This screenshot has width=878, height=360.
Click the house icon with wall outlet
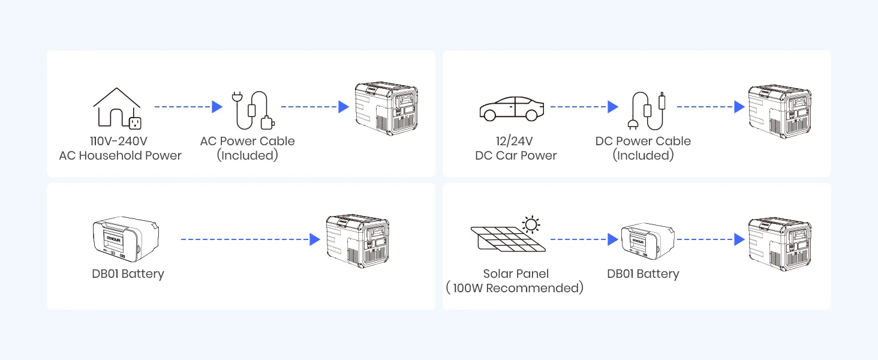pos(118,109)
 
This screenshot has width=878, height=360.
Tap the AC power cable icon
pos(252,110)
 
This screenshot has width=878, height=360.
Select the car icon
pos(512,108)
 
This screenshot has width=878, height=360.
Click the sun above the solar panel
pos(531,224)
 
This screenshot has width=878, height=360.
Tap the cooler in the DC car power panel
pos(779,108)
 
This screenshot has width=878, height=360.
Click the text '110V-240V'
pos(119,142)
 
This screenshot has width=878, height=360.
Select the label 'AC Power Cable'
pos(247,142)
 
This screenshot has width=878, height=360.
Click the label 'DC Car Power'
pos(516,156)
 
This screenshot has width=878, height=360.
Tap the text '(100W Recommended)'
pos(515,289)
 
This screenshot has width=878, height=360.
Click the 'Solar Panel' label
pos(516,274)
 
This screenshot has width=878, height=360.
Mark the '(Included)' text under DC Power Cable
pos(643,156)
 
